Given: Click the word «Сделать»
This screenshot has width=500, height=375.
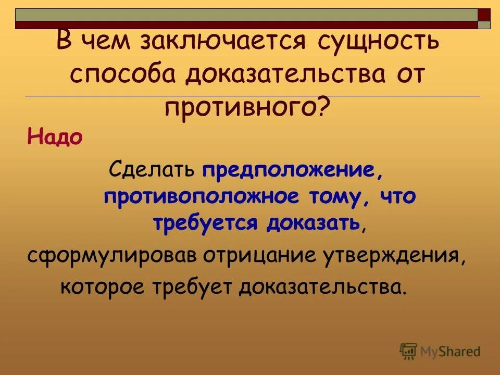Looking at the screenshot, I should (152, 170).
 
